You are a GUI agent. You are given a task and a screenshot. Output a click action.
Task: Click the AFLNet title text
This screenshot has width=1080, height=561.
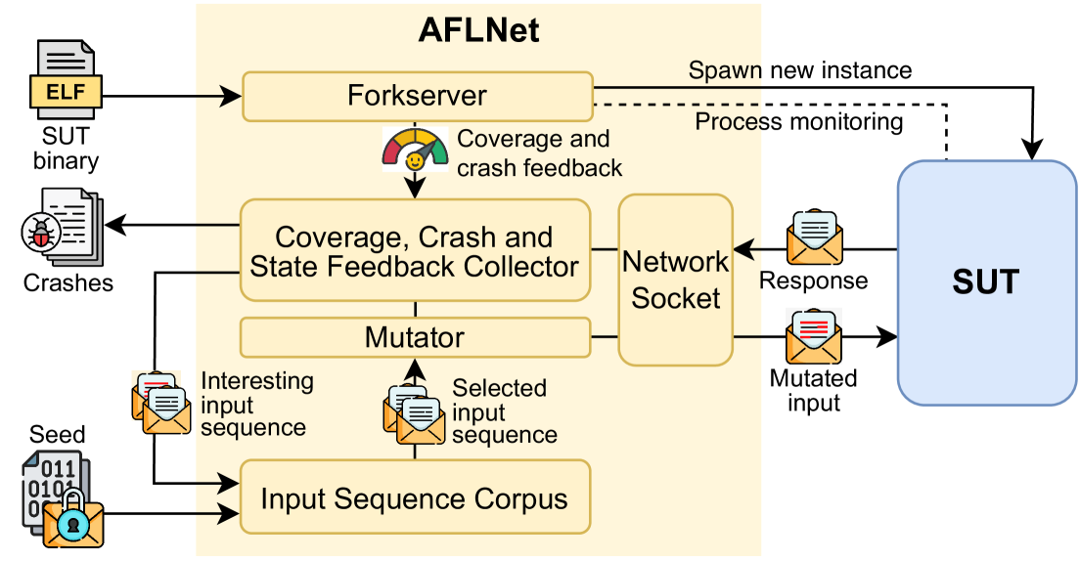[478, 30]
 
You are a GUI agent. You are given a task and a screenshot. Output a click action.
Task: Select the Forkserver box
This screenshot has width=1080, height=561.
[417, 96]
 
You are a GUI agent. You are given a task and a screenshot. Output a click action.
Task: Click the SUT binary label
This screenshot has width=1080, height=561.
[66, 150]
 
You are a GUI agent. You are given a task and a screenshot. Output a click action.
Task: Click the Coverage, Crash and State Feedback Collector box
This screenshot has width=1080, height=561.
[415, 250]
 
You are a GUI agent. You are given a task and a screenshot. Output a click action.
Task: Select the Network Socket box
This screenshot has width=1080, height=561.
[676, 280]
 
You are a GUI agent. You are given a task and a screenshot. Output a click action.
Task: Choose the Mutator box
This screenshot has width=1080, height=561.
[415, 337]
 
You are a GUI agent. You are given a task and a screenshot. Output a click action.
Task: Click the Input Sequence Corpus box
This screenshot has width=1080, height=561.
[415, 498]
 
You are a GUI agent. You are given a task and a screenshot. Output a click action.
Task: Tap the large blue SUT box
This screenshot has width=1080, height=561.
[986, 282]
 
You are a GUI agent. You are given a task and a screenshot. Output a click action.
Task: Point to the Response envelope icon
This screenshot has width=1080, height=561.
[814, 237]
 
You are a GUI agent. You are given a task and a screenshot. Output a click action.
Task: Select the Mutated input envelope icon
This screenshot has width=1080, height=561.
[814, 335]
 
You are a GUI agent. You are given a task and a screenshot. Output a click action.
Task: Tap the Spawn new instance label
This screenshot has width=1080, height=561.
[799, 70]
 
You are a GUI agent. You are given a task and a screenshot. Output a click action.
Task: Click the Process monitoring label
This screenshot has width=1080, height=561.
[798, 121]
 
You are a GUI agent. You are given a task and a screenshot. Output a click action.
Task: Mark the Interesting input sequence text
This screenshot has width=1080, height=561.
[256, 404]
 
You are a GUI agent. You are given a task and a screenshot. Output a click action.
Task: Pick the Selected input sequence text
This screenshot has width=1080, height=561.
[504, 411]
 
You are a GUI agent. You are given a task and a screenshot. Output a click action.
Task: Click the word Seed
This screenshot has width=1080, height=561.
[58, 434]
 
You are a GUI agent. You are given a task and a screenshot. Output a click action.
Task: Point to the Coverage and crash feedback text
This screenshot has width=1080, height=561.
[539, 153]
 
